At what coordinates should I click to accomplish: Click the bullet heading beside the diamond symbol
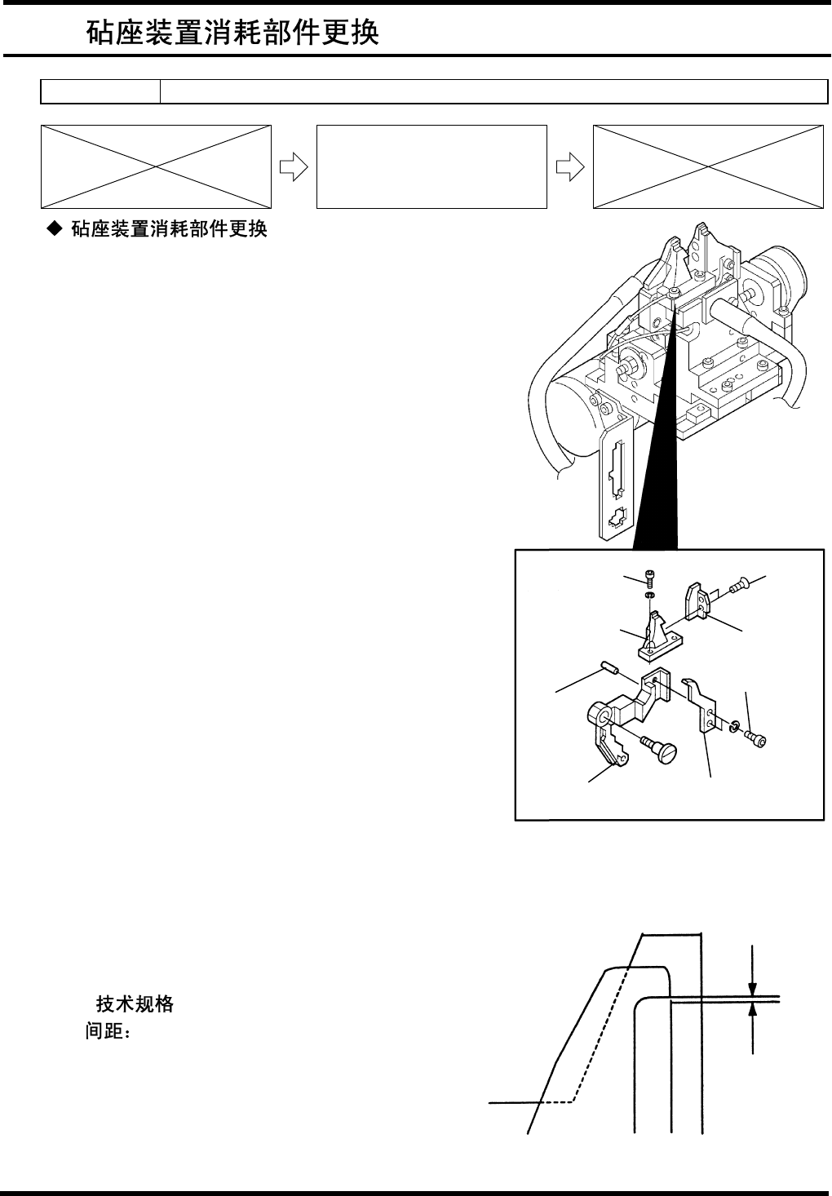[x=169, y=229]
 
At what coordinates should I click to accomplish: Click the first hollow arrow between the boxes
[x=293, y=166]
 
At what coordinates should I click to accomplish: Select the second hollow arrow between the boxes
[x=569, y=166]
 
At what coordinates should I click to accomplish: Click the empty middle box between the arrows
[x=431, y=166]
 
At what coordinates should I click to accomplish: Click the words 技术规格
[x=135, y=1004]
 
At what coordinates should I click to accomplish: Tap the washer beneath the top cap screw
[x=650, y=597]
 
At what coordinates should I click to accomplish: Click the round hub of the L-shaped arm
[x=600, y=715]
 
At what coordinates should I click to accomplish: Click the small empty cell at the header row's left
[x=100, y=92]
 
